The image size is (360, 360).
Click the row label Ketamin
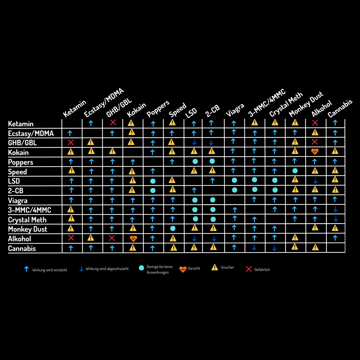click(21, 124)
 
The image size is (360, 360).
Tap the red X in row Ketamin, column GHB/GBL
click(113, 122)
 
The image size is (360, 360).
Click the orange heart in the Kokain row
click(315, 152)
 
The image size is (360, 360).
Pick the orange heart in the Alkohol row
click(133, 239)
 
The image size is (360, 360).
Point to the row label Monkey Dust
click(28, 229)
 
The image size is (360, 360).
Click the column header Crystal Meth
click(286, 104)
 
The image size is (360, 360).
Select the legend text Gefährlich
click(262, 270)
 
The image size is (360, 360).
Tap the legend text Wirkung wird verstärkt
click(50, 270)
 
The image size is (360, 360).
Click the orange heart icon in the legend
click(183, 269)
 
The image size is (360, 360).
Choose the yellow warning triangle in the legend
click(215, 267)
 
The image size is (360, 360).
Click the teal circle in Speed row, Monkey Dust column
click(295, 171)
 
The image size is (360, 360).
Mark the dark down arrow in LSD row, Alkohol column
click(315, 181)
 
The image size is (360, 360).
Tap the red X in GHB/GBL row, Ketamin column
click(71, 142)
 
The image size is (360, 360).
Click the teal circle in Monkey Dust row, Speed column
click(173, 228)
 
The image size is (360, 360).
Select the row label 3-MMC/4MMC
click(30, 210)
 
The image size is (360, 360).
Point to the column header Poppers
click(158, 109)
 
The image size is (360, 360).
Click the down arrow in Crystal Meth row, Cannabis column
click(336, 219)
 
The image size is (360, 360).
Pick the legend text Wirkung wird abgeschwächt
click(107, 269)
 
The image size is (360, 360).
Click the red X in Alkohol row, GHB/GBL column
click(112, 238)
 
